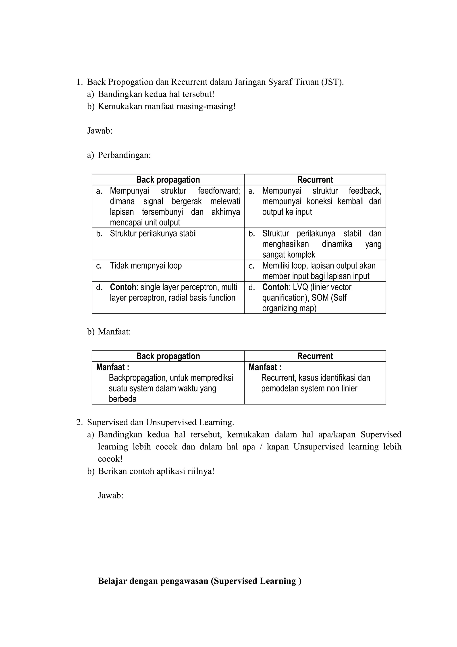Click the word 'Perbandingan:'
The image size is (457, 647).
point(124,155)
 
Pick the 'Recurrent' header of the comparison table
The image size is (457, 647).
point(315,180)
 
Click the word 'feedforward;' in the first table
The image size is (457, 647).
point(219,191)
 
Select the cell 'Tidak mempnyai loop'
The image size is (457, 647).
point(146,265)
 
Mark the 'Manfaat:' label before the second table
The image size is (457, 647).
point(114,332)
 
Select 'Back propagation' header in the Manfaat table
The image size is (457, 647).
point(168,356)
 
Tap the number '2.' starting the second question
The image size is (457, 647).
point(79,422)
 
